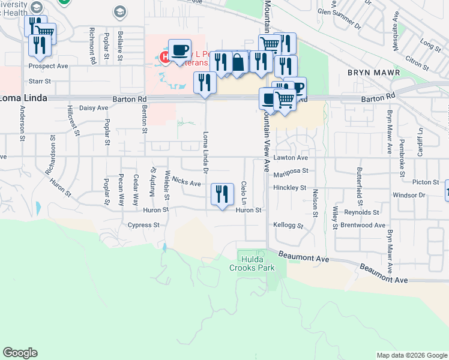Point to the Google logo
pos(20,353)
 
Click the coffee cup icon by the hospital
pos(179,50)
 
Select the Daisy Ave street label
pos(93,108)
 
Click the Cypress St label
pos(143,225)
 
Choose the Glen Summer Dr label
pos(339,19)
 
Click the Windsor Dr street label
pos(408,195)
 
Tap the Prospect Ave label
pos(48,66)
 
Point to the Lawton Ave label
pos(290,158)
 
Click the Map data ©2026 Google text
pos(411,355)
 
